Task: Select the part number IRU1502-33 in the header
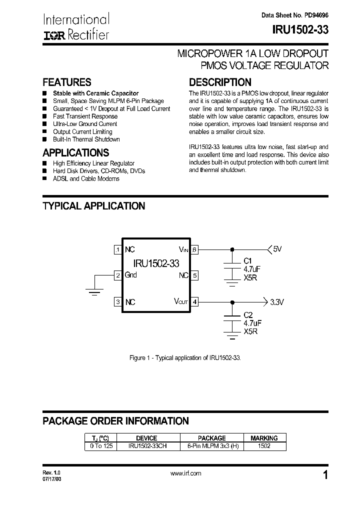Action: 300,29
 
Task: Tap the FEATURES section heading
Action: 67,82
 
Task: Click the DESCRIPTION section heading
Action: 220,82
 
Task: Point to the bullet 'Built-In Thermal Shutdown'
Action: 86,139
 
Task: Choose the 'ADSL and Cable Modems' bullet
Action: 86,178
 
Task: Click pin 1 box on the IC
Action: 117,249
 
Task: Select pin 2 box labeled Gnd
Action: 117,275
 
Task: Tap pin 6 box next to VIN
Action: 195,249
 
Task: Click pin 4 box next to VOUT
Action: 195,301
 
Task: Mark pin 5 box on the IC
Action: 195,275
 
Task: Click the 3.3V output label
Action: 276,302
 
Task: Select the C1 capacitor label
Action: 248,260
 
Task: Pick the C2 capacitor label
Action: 248,314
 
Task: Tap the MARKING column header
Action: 264,438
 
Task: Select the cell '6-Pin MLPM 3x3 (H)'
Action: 211,446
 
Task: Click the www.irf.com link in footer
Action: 185,473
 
